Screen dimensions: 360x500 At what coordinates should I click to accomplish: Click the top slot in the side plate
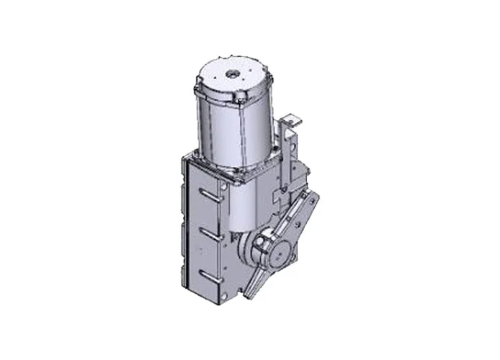(210, 193)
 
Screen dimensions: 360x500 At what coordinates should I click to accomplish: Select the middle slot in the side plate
(210, 234)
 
